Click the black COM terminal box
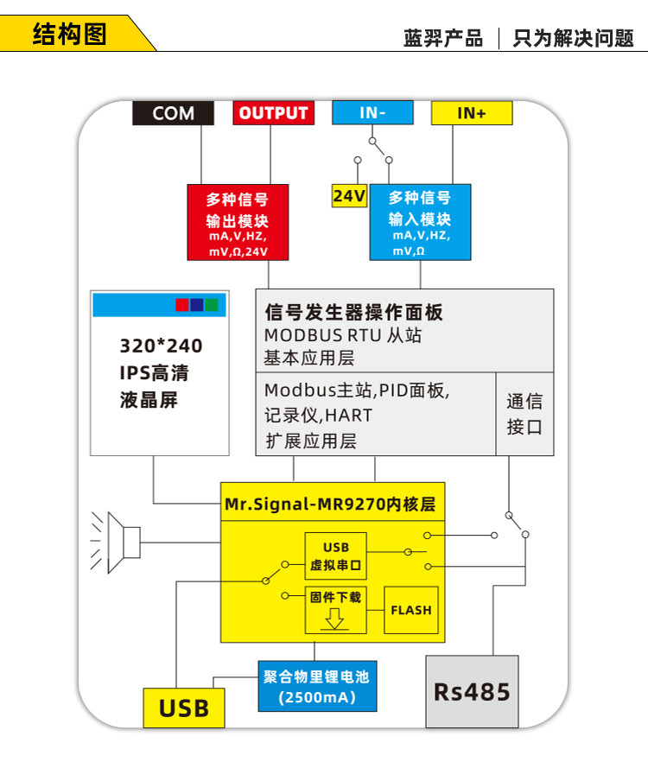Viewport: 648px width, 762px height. point(173,113)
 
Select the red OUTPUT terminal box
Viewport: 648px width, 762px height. point(273,113)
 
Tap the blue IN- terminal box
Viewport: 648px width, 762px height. point(372,113)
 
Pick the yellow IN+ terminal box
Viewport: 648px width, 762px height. point(471,113)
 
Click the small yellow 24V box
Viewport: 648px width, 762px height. point(349,196)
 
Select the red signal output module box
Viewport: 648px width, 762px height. point(238,222)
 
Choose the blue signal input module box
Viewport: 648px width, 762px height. point(420,222)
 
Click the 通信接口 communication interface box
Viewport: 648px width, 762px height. point(524,414)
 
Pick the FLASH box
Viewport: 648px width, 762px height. point(410,610)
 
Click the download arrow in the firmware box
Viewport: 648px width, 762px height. point(335,619)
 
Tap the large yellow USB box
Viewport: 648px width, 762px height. point(183,708)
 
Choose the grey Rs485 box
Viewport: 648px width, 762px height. point(472,691)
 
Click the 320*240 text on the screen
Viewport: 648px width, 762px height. point(161,346)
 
